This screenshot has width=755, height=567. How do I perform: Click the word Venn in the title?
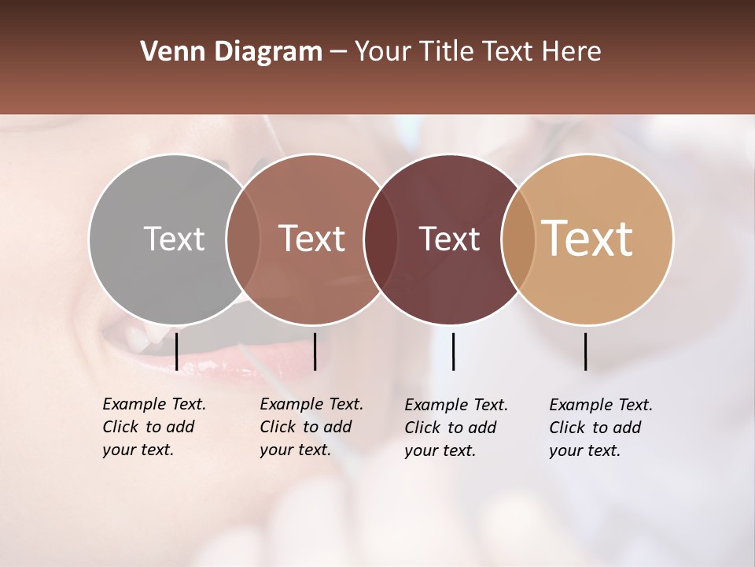point(168,52)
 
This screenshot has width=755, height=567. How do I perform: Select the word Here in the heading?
point(572,52)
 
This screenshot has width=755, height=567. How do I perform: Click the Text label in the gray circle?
point(174,239)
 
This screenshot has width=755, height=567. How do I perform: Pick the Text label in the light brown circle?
point(311,239)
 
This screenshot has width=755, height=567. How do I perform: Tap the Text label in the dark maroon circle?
point(449,239)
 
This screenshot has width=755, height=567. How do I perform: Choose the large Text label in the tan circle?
point(587,239)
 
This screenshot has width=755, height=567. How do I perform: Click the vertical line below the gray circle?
point(177,351)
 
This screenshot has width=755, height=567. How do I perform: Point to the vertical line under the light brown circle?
point(315,351)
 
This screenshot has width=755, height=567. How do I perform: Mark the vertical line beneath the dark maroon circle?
point(453,351)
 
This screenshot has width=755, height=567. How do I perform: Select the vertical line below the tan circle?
point(586,351)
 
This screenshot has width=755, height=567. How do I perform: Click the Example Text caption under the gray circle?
point(153,427)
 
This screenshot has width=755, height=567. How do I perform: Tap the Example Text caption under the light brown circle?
point(311,427)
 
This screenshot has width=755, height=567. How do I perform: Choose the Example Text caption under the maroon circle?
point(455,428)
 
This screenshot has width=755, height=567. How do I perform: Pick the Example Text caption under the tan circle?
point(600,428)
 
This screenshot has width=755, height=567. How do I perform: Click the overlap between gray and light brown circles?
point(242,239)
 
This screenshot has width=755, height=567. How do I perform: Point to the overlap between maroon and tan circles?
point(518,239)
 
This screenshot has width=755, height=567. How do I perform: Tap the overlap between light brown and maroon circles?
point(380,239)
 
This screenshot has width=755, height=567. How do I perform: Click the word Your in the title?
point(382,52)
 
